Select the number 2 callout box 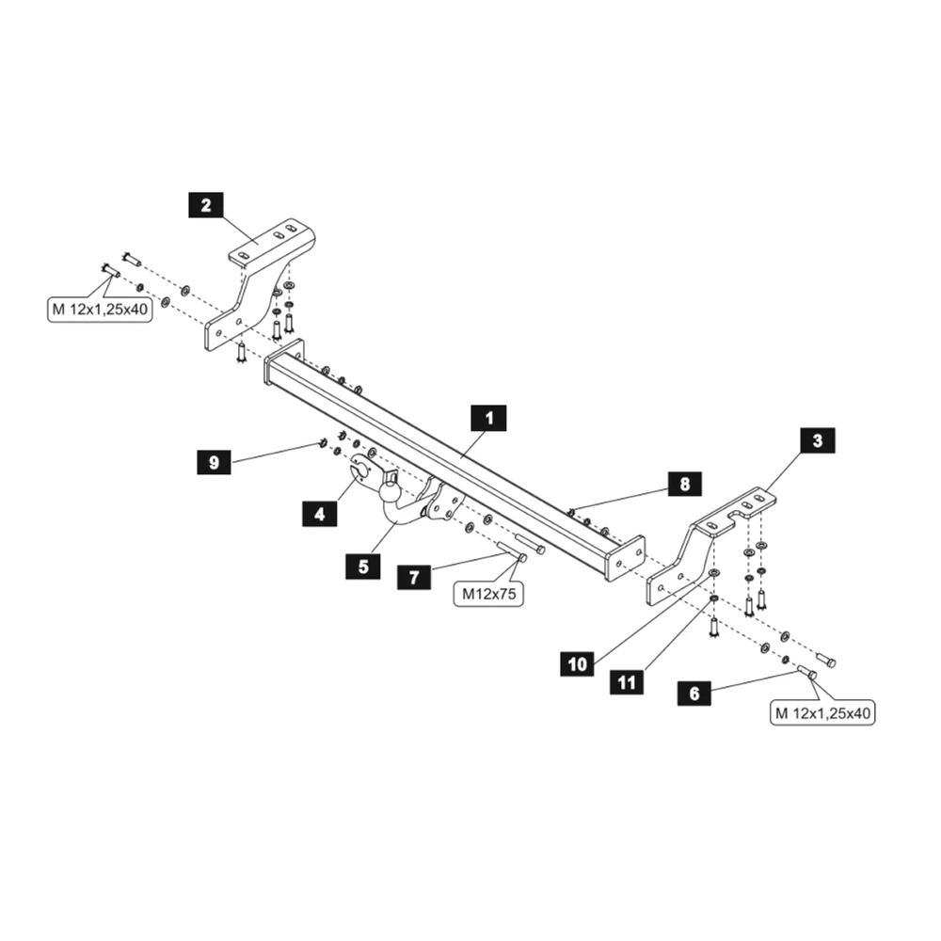coord(206,205)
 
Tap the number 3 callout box coord(817,439)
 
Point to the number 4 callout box coord(320,514)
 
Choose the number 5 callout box coord(363,566)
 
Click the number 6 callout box coord(694,694)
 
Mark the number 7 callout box coord(414,577)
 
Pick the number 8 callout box coord(684,485)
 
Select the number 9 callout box coord(215,463)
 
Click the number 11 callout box coord(628,680)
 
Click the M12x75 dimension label coord(489,594)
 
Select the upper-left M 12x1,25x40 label coord(100,309)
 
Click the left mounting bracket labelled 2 coord(254,282)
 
